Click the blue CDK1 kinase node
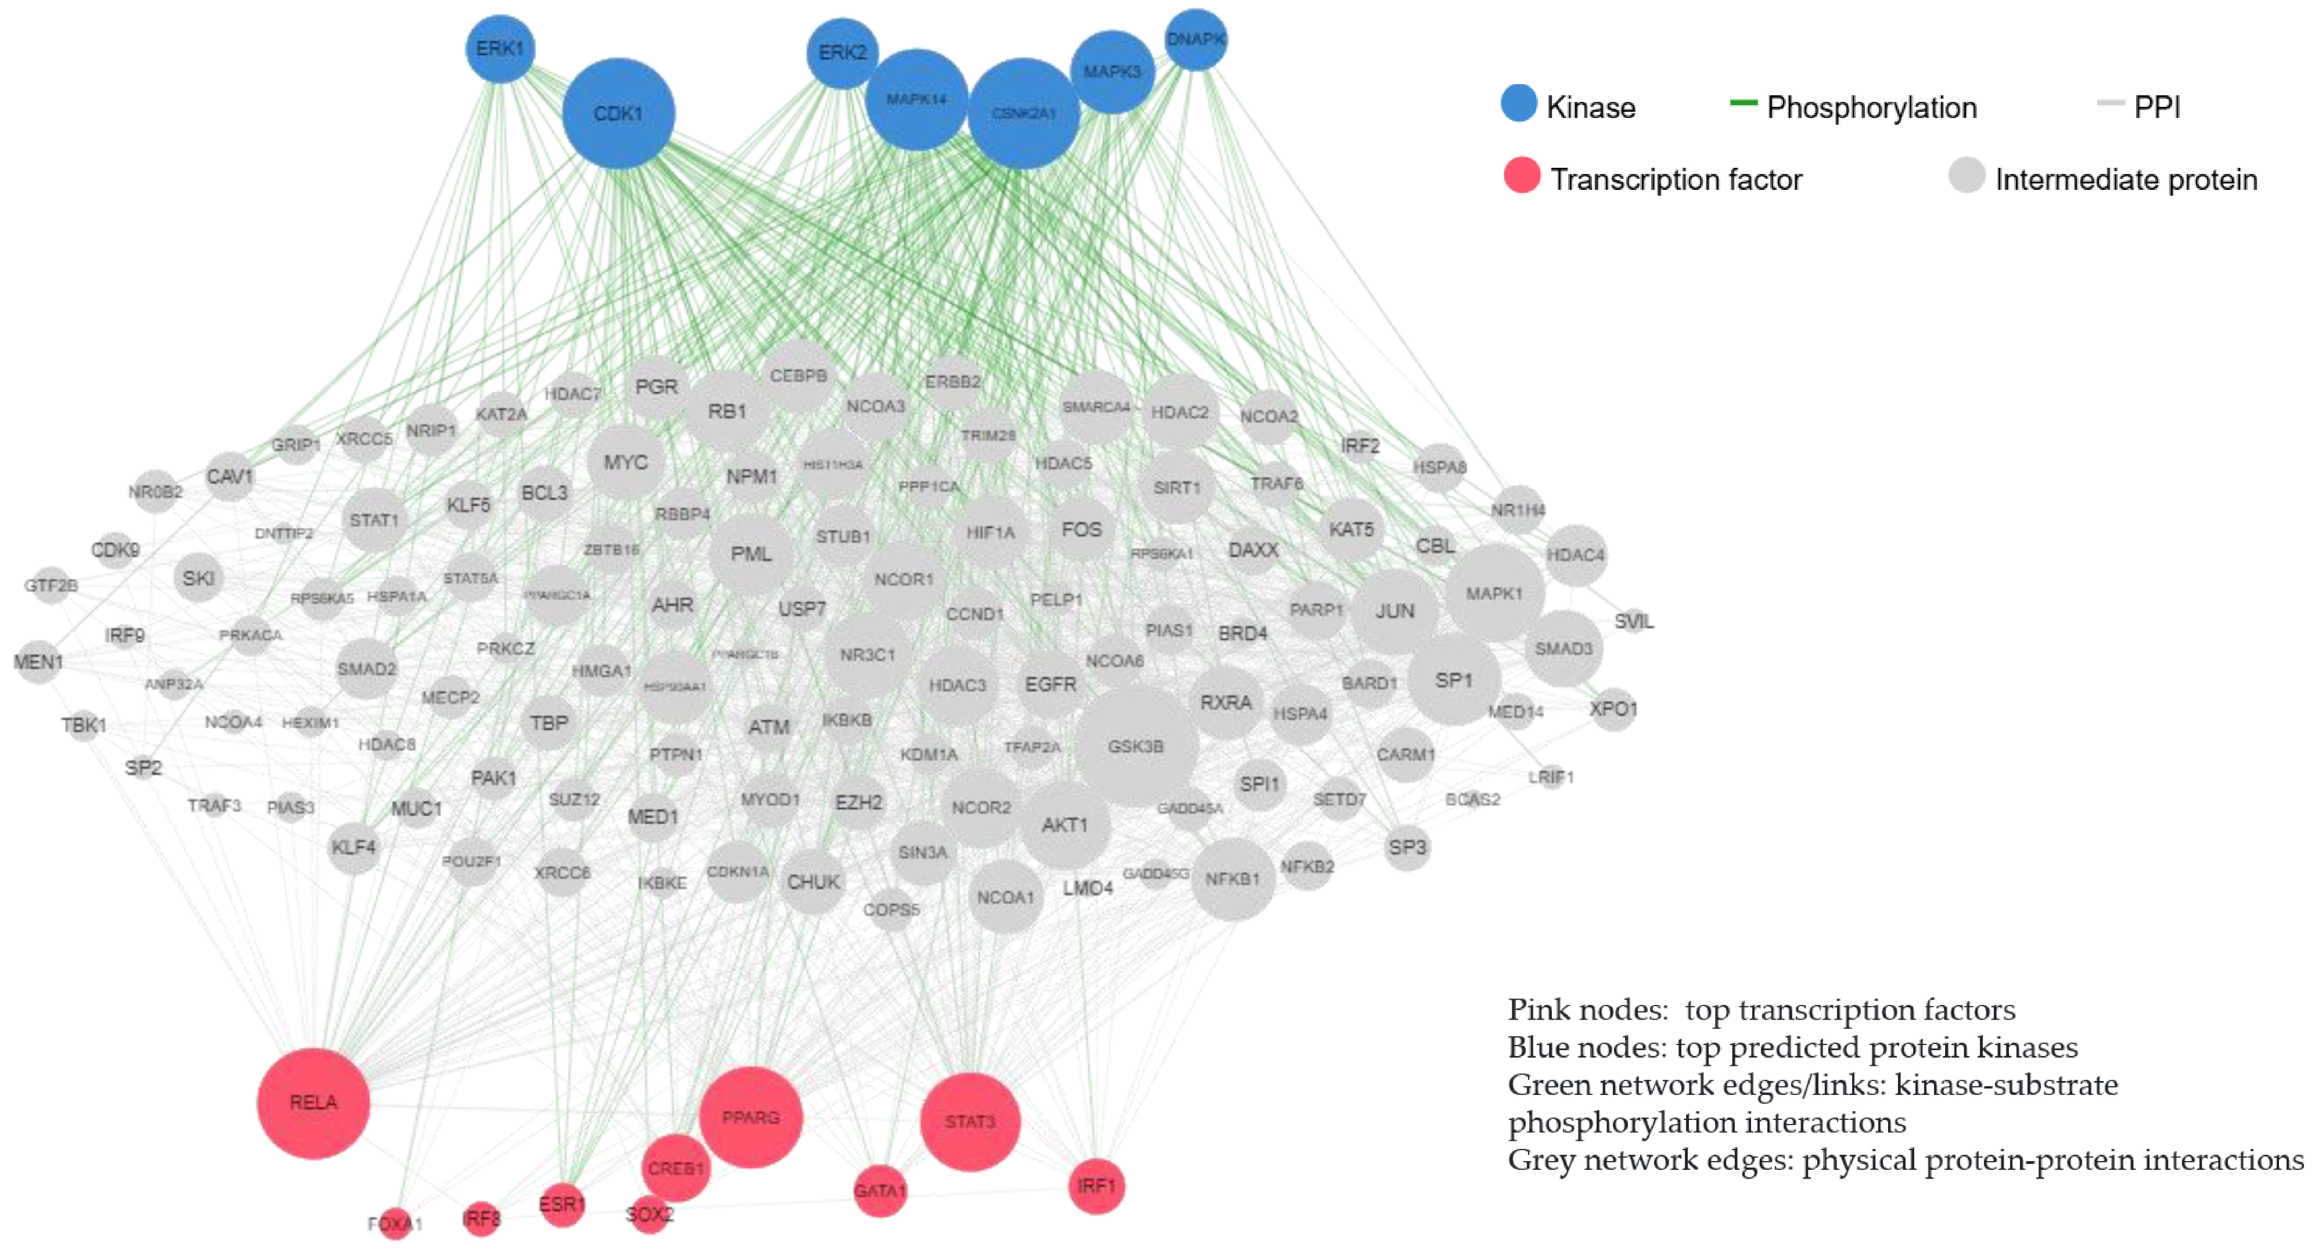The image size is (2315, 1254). click(x=619, y=113)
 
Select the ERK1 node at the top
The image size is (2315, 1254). click(x=499, y=49)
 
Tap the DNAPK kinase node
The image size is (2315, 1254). click(x=1195, y=39)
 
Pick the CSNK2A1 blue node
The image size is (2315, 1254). click(x=1023, y=113)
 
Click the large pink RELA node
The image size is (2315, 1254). click(x=312, y=1102)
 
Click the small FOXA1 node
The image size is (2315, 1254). click(x=394, y=1223)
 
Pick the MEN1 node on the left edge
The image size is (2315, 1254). click(x=38, y=662)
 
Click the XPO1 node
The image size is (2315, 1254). click(x=1613, y=709)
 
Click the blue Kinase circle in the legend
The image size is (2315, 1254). click(x=1519, y=103)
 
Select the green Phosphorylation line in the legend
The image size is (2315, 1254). click(x=1744, y=103)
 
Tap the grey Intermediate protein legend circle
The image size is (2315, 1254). click(x=1967, y=175)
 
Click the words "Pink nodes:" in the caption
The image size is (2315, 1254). click(x=1587, y=1010)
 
